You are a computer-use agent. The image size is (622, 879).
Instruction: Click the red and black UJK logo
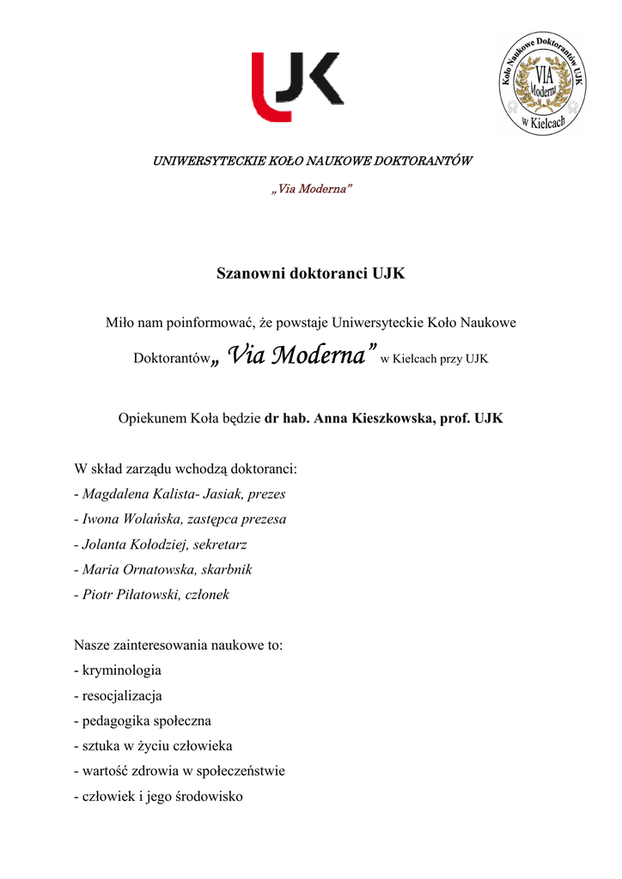click(x=296, y=87)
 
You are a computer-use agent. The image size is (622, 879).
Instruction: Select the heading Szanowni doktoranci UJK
click(x=311, y=275)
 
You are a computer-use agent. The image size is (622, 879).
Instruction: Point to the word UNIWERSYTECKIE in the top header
click(x=198, y=161)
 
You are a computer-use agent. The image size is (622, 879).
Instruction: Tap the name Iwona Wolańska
click(x=129, y=518)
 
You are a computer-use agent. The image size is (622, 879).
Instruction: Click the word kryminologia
click(x=121, y=670)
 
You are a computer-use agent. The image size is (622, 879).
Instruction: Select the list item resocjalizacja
click(x=121, y=695)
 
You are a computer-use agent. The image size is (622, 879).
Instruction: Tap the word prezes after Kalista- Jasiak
click(x=266, y=494)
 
